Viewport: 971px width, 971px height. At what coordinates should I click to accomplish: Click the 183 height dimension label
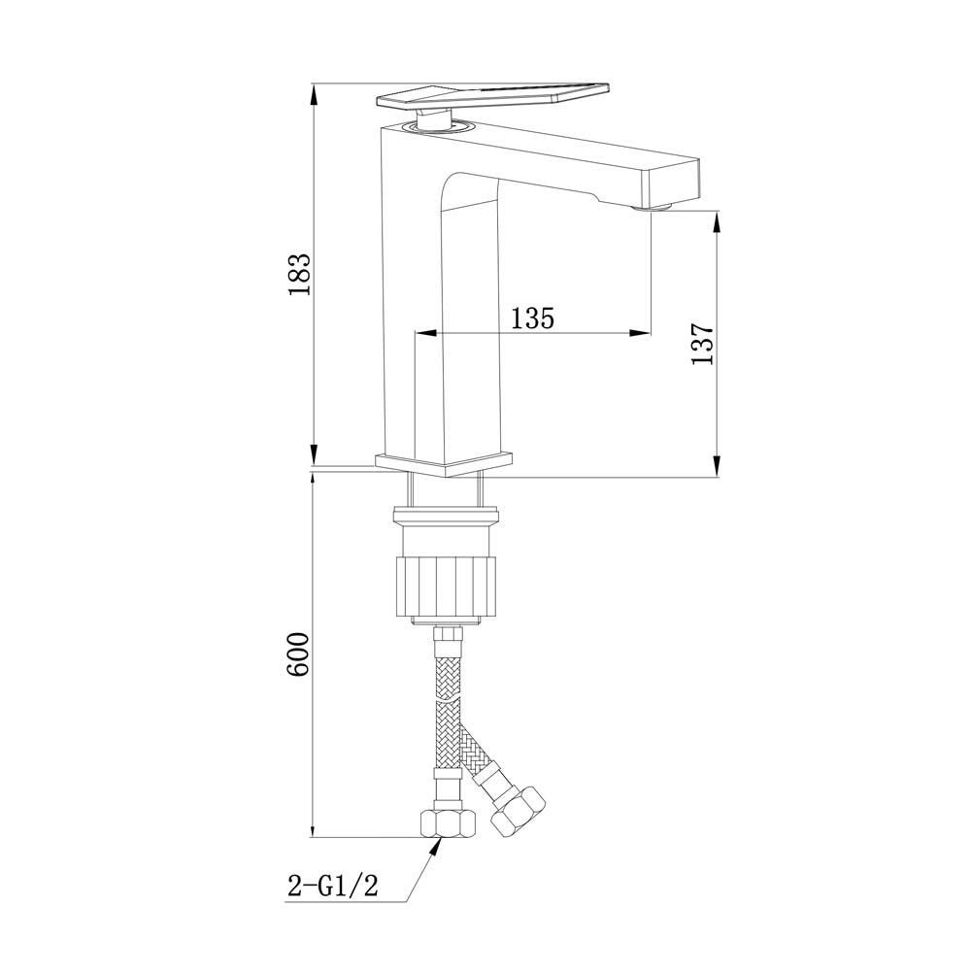tap(300, 274)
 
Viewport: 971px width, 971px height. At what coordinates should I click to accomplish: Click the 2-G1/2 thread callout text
tap(332, 886)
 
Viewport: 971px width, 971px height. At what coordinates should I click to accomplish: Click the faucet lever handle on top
tap(494, 96)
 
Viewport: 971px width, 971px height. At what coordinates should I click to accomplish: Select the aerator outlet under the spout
tap(653, 207)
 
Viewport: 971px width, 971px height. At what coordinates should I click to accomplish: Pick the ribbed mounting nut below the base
tap(446, 585)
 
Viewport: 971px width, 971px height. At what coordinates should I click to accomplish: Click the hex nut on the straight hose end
tap(449, 822)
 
